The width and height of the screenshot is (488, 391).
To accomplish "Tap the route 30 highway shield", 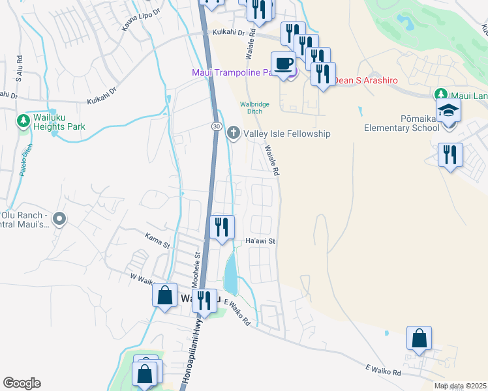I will click(x=217, y=126).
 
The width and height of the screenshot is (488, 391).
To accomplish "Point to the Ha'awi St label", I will click(x=262, y=241).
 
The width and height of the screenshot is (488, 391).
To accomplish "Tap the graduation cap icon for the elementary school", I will click(x=449, y=110).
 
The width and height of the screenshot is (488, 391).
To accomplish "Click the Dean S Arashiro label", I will click(x=366, y=80).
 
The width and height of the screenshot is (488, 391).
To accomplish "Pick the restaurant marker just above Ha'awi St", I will click(x=222, y=227).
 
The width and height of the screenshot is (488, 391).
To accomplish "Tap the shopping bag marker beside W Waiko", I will click(x=165, y=295).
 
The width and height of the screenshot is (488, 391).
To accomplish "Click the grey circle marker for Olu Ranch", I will click(x=59, y=220).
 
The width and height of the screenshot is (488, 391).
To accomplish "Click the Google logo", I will click(x=22, y=383).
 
